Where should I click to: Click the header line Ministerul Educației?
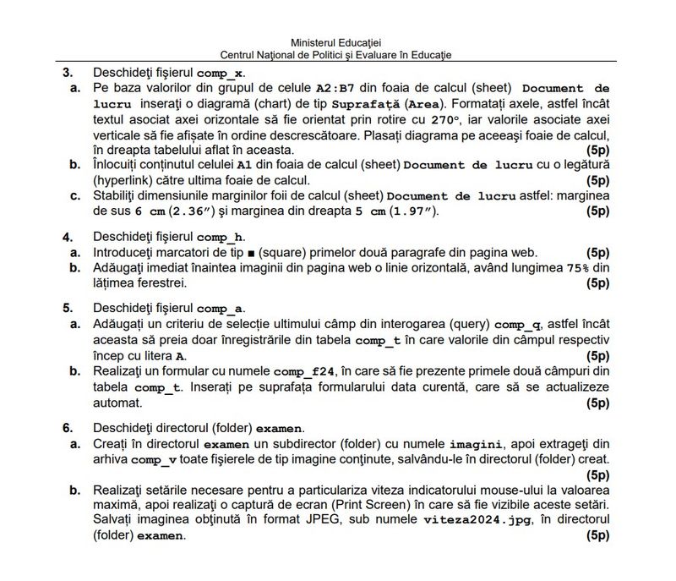point(335,41)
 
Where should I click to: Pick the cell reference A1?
point(245,165)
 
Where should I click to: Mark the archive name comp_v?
point(155,459)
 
